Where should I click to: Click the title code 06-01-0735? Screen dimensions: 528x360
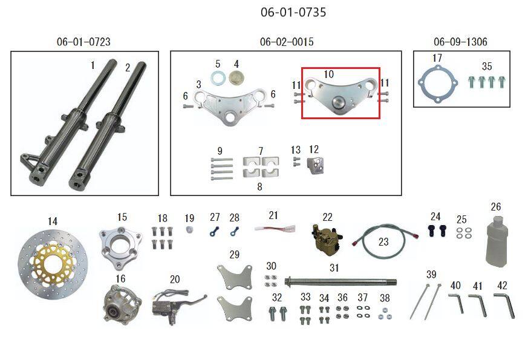coord(293,13)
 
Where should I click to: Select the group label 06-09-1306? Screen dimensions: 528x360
coord(460,42)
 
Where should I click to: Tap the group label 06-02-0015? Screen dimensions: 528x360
coord(287,42)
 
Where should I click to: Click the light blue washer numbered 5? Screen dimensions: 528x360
coord(218,79)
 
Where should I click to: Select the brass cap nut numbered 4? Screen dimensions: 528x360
coord(236,79)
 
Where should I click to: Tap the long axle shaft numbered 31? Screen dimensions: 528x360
coord(340,281)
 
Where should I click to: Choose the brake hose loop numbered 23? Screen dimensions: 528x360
coord(384,240)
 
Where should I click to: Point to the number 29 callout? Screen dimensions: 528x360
coord(235,254)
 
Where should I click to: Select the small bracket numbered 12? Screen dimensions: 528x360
coord(316,166)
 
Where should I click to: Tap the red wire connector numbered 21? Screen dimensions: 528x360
coord(275,229)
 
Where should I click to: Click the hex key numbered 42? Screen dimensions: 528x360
coord(505,305)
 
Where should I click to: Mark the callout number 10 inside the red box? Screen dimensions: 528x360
coord(328,74)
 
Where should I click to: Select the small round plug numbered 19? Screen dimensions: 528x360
coord(189,230)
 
